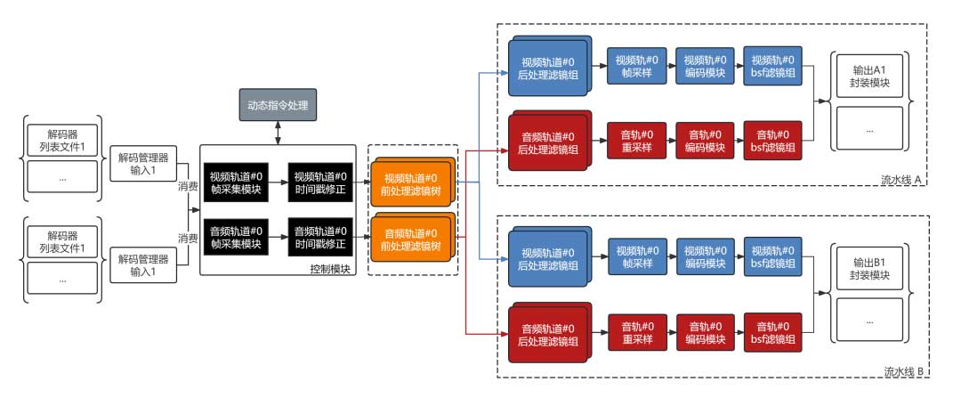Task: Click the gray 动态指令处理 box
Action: tap(279, 104)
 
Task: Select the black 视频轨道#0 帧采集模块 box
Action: tap(235, 180)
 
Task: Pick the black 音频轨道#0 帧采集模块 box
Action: tap(235, 236)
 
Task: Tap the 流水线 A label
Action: tap(900, 181)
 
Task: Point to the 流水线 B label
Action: tap(900, 371)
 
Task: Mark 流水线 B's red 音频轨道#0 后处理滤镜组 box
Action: tap(547, 331)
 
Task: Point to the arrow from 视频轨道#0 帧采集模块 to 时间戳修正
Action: tap(277, 180)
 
